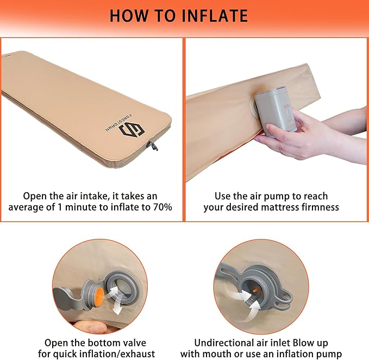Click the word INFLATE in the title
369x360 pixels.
(215, 16)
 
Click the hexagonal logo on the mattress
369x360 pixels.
(132, 130)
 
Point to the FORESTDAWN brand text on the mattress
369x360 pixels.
(118, 122)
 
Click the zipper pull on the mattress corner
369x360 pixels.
(153, 146)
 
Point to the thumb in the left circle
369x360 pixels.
(91, 327)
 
